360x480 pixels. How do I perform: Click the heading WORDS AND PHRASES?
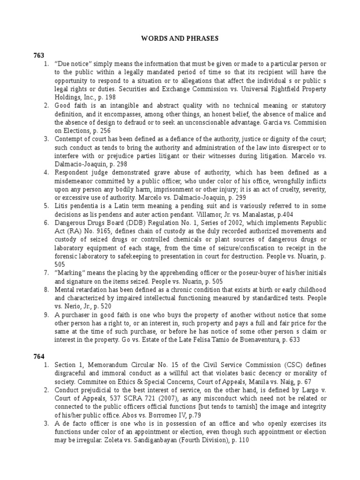pos(180,38)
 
